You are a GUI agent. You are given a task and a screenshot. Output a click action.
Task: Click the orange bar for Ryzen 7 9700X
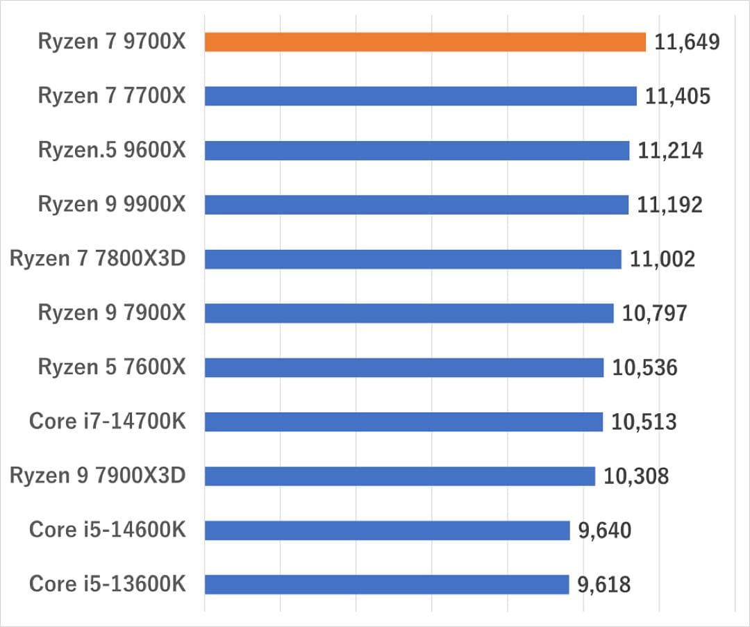pos(425,42)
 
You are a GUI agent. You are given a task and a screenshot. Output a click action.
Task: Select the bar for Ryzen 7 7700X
pos(421,96)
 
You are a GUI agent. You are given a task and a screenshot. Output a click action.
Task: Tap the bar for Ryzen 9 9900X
pos(417,204)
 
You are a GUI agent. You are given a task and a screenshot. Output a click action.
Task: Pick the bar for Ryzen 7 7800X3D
pos(413,259)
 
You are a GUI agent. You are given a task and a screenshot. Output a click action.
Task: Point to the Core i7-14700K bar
pos(403,421)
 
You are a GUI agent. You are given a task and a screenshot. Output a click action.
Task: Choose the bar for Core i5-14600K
pos(387,530)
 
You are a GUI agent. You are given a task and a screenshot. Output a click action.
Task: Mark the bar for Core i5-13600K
pos(387,585)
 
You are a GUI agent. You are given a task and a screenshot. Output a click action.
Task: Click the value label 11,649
pos(686,42)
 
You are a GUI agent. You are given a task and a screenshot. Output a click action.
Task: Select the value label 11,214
pos(670,150)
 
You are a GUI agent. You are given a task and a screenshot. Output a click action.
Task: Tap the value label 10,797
pos(654,313)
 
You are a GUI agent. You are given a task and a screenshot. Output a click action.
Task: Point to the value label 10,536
pos(644,367)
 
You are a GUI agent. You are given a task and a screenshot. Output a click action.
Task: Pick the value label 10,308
pos(636,476)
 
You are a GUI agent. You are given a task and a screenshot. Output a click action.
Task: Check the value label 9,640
pos(605,530)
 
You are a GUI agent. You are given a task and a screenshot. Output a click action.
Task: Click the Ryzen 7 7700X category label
pos(112,96)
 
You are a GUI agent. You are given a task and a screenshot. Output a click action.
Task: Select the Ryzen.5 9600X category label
pos(112,150)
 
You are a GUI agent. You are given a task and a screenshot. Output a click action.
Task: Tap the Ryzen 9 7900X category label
pos(112,313)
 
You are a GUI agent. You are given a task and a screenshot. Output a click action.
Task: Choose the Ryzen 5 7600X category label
pos(112,367)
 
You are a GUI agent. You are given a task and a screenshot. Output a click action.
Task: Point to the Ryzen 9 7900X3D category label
pos(98,476)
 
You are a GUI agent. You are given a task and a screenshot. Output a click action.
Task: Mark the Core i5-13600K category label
pos(108,585)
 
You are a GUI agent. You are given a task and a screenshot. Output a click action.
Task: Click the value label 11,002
pos(662,259)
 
